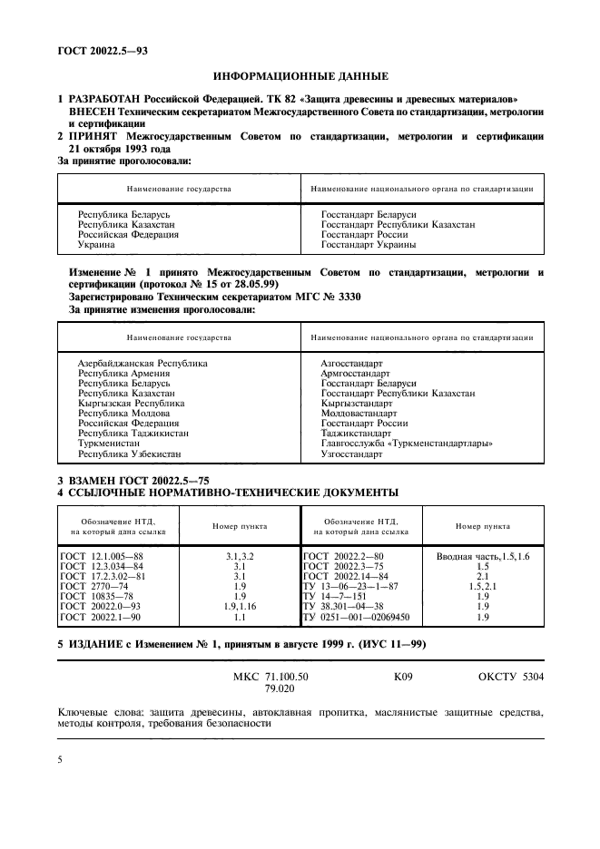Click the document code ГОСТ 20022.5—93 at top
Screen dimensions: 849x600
click(103, 51)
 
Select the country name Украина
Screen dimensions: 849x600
click(96, 245)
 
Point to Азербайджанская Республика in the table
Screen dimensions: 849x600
click(143, 363)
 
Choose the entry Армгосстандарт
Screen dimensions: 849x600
click(356, 374)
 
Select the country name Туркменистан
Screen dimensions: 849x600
click(108, 444)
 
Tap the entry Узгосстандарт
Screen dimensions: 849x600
click(352, 454)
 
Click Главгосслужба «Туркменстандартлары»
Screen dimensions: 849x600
click(407, 444)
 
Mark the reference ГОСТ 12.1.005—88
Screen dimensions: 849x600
click(101, 553)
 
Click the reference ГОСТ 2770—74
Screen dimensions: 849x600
click(93, 584)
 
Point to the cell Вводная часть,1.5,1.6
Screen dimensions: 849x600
click(482, 553)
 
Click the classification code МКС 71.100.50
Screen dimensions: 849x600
click(270, 678)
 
